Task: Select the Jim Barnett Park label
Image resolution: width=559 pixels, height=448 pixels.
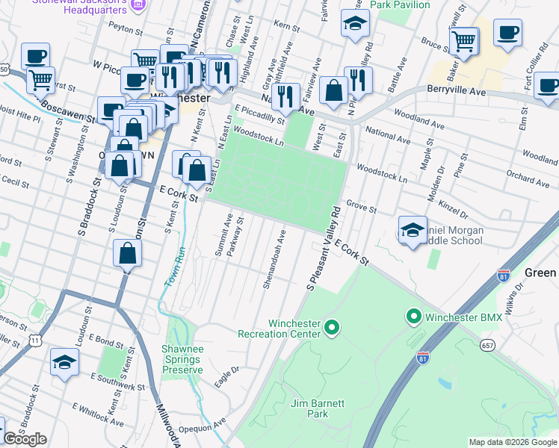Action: [x=318, y=408]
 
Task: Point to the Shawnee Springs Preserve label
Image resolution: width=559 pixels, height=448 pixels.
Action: [x=182, y=359]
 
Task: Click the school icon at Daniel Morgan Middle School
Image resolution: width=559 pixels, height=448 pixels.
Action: [x=413, y=230]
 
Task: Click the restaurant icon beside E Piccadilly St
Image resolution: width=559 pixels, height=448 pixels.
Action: [x=284, y=96]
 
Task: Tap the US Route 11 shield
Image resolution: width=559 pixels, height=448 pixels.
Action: [x=35, y=340]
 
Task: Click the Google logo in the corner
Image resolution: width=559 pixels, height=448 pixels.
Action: [x=25, y=439]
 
